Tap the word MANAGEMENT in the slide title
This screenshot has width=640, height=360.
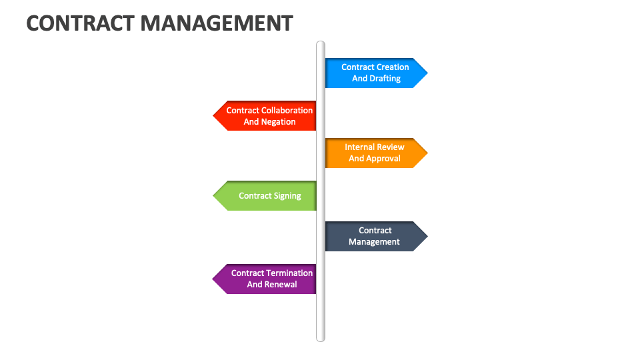click(x=217, y=23)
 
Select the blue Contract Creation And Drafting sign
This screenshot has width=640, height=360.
click(x=375, y=73)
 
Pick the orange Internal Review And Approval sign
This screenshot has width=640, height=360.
click(x=375, y=153)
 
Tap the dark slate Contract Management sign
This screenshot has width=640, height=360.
click(x=375, y=236)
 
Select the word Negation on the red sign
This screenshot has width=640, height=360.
click(x=279, y=122)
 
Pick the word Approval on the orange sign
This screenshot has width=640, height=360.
click(x=384, y=159)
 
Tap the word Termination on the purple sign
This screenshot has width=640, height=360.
click(x=289, y=273)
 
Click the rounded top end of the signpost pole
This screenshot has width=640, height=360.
click(x=321, y=45)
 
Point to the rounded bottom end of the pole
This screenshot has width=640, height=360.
click(x=321, y=338)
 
